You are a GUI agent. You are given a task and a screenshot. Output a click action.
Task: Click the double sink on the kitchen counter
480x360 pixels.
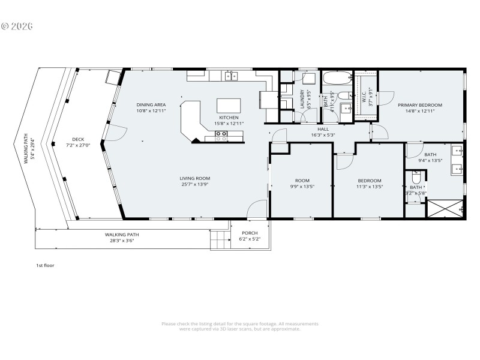232,76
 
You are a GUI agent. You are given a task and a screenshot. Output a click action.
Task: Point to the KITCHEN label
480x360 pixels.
212,117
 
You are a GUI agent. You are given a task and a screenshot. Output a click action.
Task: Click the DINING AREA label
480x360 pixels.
134,105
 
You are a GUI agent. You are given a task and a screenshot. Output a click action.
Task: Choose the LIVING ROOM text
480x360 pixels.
195,178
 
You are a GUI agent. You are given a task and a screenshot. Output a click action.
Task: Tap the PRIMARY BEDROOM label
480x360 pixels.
420,105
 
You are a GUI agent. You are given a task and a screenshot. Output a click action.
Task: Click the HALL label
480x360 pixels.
323,129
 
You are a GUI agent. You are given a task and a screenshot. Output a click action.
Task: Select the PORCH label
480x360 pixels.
250,233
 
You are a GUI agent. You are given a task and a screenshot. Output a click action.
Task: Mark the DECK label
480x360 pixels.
78,139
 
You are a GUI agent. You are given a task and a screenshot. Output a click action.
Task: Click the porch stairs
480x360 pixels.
220,241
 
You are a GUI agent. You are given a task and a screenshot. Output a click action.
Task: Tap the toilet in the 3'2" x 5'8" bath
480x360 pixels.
416,179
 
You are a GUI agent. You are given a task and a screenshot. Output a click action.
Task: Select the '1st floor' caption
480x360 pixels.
45,265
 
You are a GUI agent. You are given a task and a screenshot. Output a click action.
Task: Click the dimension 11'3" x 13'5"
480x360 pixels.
370,187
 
